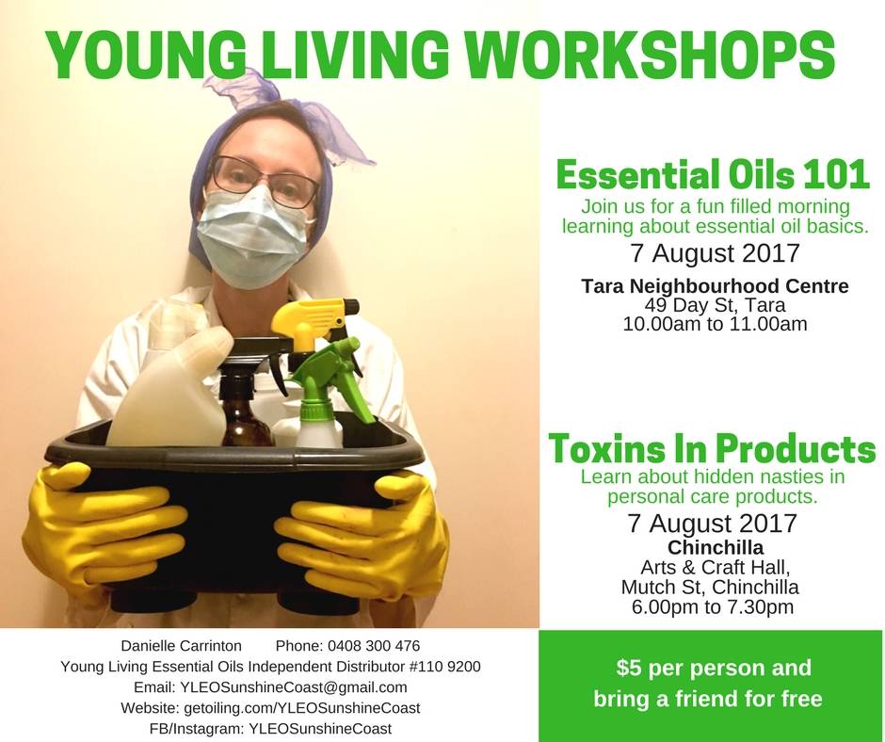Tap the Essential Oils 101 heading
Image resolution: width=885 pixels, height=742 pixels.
coord(713,174)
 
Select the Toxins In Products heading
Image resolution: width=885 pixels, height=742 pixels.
coord(713,449)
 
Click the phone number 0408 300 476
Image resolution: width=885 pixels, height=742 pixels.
coord(373,646)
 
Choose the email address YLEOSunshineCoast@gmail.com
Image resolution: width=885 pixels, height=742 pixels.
coord(293,687)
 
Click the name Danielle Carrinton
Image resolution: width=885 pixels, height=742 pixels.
coord(181,646)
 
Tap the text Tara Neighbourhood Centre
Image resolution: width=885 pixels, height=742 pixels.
coord(716,286)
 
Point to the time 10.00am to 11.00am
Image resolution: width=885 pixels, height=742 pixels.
coord(716,324)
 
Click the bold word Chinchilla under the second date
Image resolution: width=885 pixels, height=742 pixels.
coord(716,547)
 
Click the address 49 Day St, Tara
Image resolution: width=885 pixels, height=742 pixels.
coord(715,305)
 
